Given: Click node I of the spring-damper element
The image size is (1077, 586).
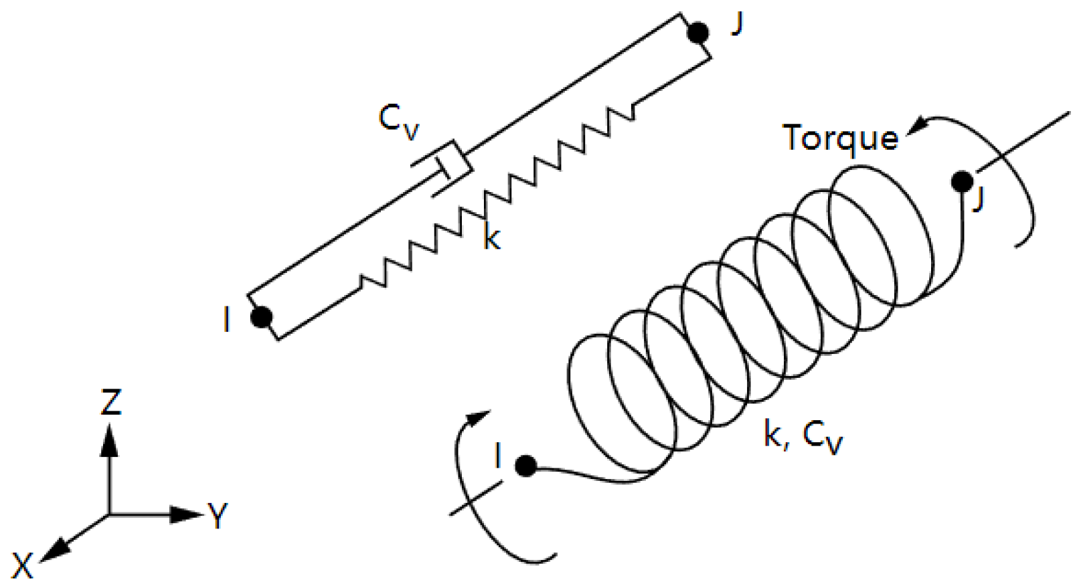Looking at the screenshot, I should (261, 316).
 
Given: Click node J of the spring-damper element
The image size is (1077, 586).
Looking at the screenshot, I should (698, 32).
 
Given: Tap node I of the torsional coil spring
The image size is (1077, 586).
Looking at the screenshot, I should (526, 466).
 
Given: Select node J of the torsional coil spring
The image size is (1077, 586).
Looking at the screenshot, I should (963, 181).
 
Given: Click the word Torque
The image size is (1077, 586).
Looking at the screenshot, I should (840, 138).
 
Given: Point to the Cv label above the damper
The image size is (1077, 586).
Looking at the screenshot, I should (398, 121).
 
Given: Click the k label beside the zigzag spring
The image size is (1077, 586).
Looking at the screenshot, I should (492, 237).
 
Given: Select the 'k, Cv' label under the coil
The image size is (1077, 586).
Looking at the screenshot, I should (803, 436).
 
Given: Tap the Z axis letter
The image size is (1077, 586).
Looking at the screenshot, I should (111, 403).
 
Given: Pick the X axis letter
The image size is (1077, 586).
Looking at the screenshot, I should (22, 566).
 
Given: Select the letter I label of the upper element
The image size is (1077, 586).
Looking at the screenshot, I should (227, 320).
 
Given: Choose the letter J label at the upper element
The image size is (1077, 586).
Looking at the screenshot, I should (737, 24).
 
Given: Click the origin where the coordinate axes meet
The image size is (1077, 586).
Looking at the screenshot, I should (109, 514).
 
